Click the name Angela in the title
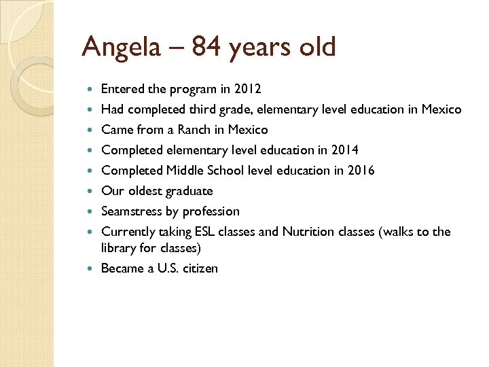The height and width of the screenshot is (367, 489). [117, 47]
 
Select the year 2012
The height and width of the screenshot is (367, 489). [247, 89]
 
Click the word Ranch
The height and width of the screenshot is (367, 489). [196, 130]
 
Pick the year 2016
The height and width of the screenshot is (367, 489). [360, 171]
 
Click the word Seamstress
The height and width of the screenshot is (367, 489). [132, 211]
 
